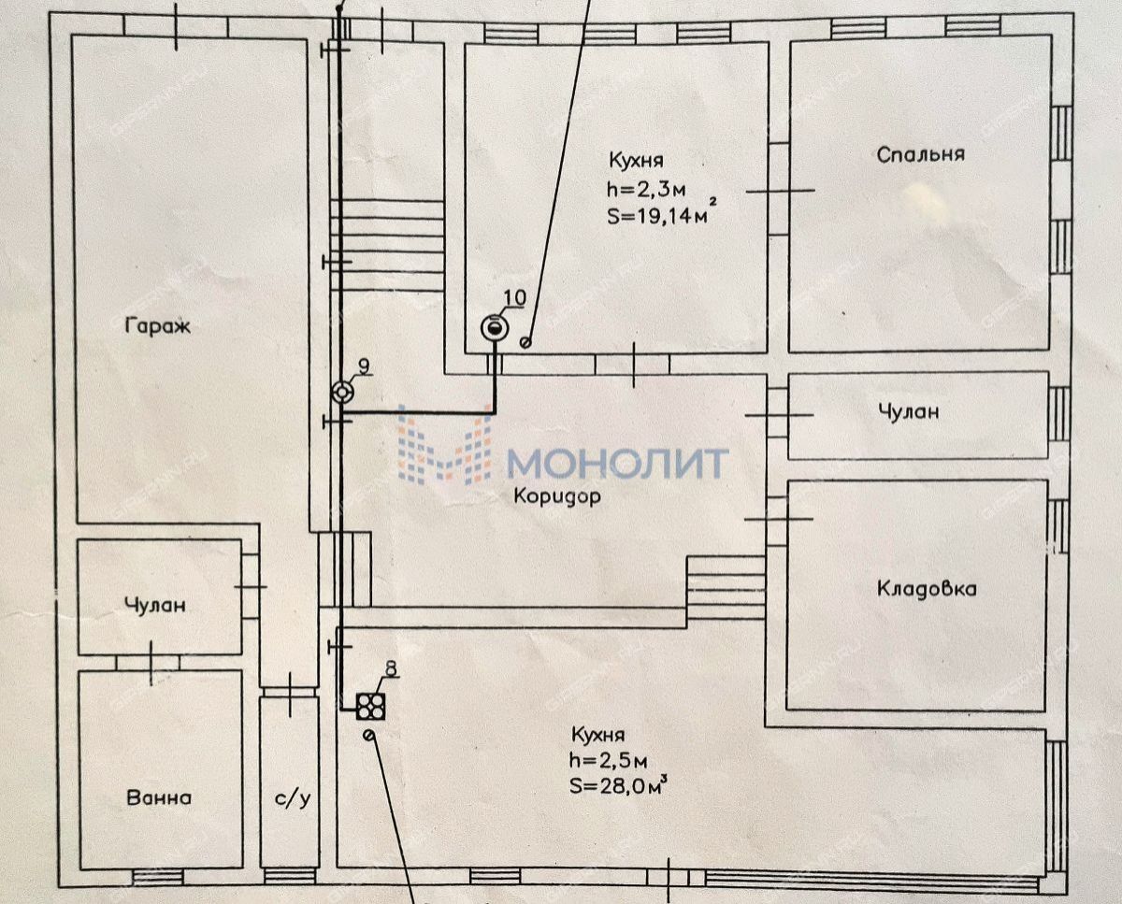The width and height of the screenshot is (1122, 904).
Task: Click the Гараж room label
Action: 158,326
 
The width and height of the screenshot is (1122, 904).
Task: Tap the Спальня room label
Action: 921,155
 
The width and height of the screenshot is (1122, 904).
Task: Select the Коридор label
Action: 557,496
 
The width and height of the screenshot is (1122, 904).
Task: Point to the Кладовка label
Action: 927,589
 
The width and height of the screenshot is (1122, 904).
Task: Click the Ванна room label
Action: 159,797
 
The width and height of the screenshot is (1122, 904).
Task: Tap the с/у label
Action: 293,799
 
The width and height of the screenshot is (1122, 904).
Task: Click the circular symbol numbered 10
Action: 494,327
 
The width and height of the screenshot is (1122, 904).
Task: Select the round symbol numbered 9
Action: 342,392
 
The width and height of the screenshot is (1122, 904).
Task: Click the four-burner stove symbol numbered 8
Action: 370,707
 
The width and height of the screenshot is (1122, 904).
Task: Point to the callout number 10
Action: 514,298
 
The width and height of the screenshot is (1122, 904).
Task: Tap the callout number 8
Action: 392,667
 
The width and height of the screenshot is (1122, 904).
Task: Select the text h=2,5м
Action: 609,761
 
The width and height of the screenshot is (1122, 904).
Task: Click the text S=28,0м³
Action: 619,784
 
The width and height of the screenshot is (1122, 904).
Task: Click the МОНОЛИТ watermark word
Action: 617,464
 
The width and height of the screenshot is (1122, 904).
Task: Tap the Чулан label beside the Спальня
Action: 909,412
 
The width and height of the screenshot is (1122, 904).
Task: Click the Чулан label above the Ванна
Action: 155,605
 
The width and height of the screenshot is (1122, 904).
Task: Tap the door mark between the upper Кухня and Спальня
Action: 780,191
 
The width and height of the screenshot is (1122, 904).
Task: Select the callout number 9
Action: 364,366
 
